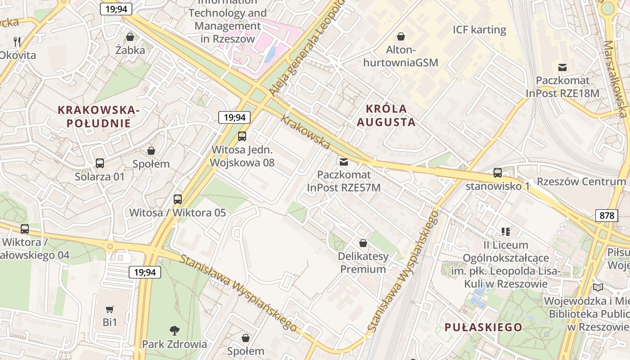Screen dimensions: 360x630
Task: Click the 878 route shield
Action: (607, 216)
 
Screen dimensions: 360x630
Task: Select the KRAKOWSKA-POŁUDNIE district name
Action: (99, 117)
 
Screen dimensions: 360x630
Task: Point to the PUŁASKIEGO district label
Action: (483, 327)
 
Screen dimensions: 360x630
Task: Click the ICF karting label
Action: (479, 30)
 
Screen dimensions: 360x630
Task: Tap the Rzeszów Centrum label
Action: (581, 182)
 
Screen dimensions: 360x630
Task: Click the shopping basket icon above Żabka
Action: (130, 37)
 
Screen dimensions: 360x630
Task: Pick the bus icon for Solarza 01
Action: (100, 163)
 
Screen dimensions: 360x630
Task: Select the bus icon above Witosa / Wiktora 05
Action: (178, 199)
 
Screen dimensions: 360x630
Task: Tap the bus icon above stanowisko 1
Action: (498, 173)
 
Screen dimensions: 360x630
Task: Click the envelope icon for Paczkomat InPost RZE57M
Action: (344, 162)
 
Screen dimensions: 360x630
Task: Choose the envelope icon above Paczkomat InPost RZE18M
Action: (562, 67)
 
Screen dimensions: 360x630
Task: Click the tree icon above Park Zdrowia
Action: (175, 331)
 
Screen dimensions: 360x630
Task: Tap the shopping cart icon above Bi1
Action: (110, 309)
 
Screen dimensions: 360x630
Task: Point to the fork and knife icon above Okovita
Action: (18, 42)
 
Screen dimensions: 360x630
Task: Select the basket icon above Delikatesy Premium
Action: (363, 243)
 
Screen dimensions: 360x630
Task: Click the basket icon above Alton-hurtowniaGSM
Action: (400, 36)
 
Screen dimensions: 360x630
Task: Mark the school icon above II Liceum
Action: (506, 232)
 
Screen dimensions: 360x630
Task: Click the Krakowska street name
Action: (306, 132)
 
